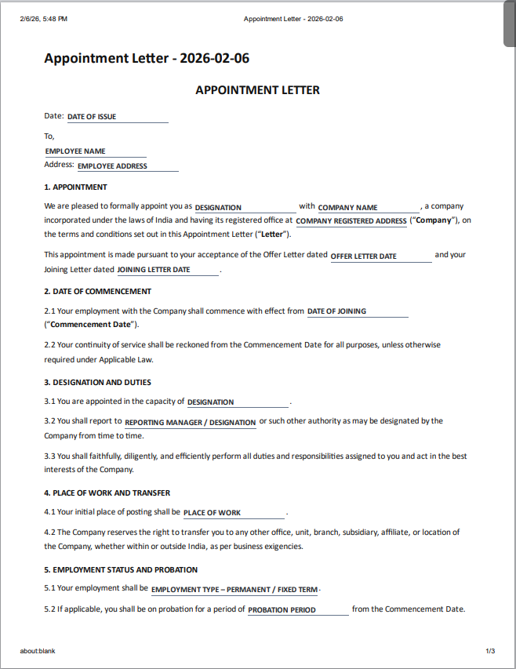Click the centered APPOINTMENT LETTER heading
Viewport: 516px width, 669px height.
[x=257, y=90]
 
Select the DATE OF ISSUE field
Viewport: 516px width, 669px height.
[x=117, y=117]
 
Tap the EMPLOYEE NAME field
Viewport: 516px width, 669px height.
[x=95, y=151]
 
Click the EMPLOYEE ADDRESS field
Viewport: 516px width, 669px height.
[x=127, y=166]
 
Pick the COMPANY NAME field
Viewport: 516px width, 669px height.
[x=369, y=208]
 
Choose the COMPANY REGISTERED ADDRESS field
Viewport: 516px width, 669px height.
[x=351, y=221]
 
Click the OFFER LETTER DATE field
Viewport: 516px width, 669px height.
[x=380, y=256]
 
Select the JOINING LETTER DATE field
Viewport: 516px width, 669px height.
[x=168, y=270]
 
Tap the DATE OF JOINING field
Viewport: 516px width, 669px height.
[x=358, y=311]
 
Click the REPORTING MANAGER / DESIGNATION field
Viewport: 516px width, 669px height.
[x=191, y=423]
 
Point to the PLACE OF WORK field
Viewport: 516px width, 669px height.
[x=234, y=513]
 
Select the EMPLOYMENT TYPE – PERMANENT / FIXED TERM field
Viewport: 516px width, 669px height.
[x=234, y=590]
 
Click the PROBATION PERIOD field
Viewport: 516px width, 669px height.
[x=298, y=610]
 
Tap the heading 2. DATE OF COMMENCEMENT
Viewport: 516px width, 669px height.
[x=98, y=292]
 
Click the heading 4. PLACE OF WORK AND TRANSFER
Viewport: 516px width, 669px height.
[x=107, y=493]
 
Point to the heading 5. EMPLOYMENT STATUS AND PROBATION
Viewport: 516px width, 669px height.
[x=121, y=570]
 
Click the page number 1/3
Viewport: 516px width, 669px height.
[x=490, y=651]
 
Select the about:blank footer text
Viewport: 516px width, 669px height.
[x=38, y=651]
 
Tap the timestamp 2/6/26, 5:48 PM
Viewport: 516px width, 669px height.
[x=44, y=19]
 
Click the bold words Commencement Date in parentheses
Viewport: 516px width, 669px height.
[x=92, y=325]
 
